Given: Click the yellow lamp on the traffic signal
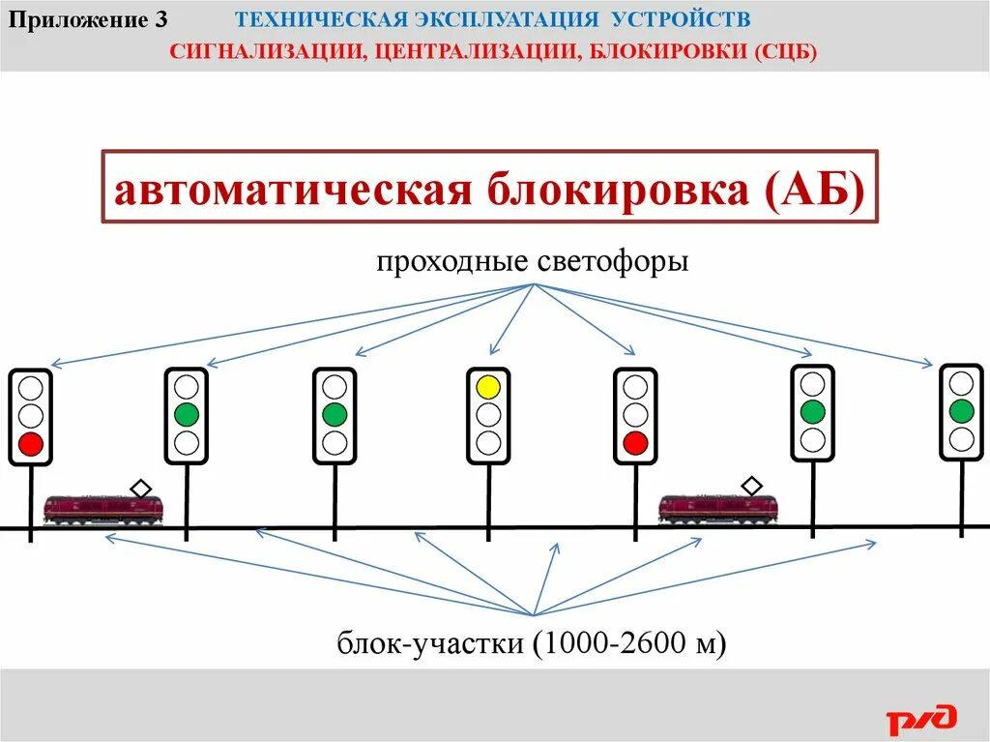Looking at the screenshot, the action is click(488, 388).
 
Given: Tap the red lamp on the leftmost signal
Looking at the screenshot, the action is click(31, 444).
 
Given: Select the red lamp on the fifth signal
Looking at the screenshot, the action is click(634, 443).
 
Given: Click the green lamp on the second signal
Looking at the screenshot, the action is click(186, 415).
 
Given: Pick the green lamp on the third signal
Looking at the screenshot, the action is click(335, 415).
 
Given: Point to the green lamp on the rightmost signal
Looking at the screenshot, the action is click(961, 411).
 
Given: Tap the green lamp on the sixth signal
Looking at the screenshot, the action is click(812, 411).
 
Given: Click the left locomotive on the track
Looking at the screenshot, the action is click(102, 509).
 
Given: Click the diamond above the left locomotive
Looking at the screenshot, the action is click(141, 489).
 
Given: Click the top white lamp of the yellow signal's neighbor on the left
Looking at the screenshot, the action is click(335, 388).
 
